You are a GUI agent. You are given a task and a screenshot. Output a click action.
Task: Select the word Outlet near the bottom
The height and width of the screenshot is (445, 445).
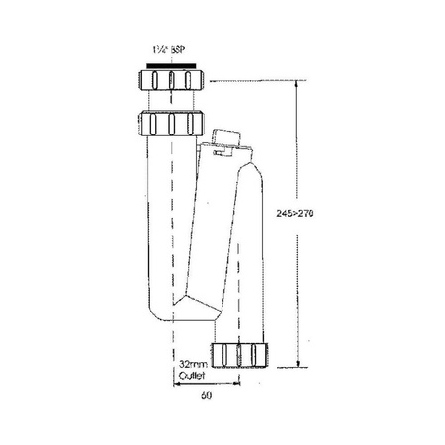[192, 377]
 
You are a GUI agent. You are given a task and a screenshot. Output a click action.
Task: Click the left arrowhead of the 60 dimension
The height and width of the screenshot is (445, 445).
[177, 385]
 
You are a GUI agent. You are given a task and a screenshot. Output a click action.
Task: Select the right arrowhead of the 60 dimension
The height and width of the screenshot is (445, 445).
[236, 385]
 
